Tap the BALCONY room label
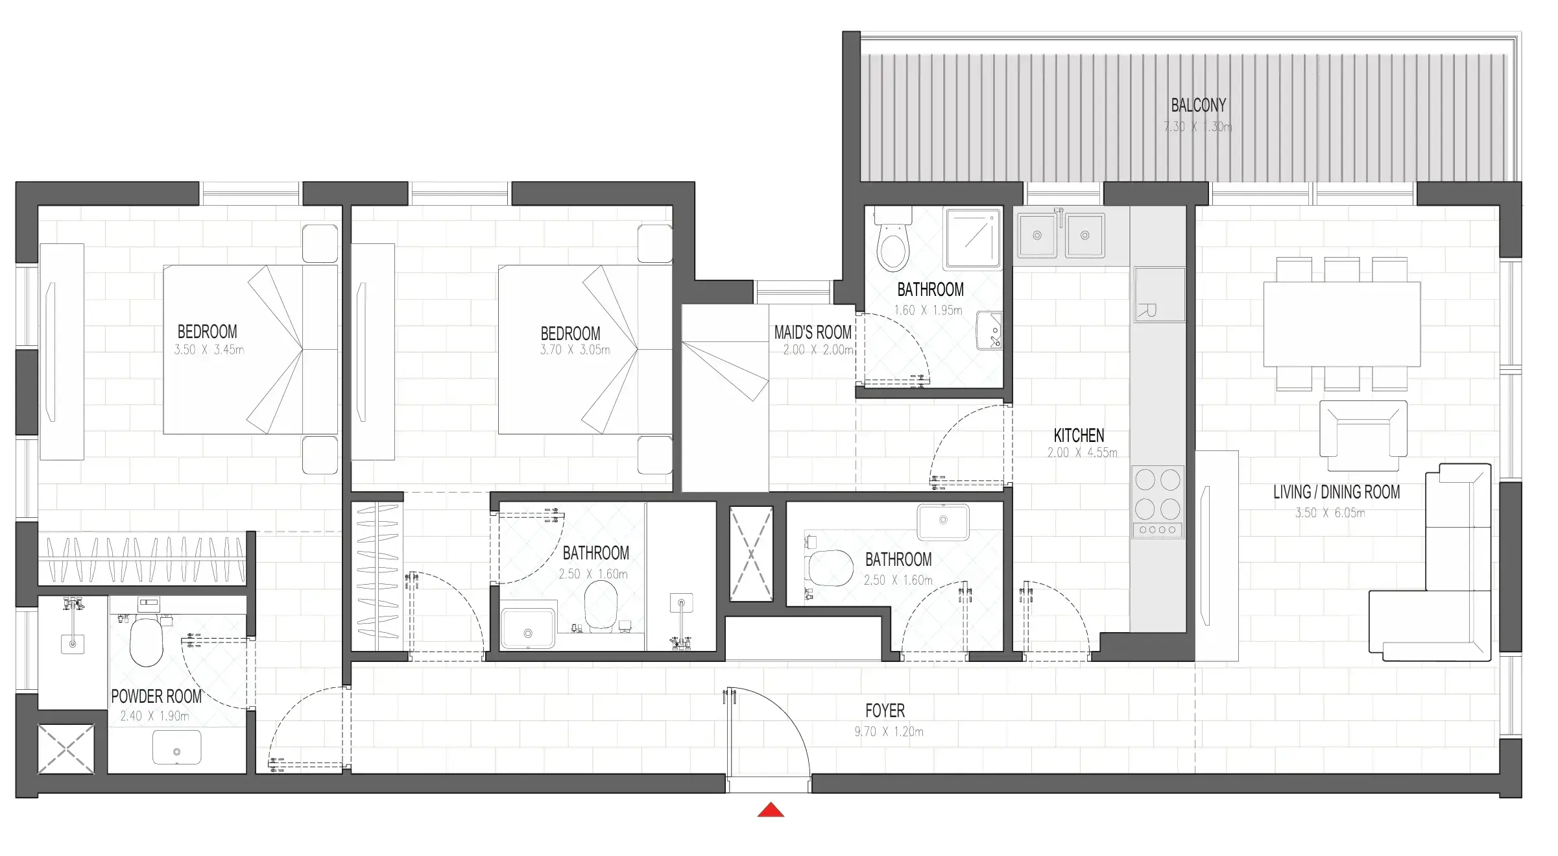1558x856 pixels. (x=1198, y=105)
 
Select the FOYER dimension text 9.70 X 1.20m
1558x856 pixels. (x=889, y=731)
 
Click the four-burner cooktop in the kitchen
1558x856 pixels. (x=1158, y=501)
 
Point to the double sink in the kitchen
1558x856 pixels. (x=1061, y=235)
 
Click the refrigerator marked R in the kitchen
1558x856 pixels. (x=1160, y=295)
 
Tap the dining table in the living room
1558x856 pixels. (x=1341, y=324)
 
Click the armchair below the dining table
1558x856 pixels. (x=1363, y=435)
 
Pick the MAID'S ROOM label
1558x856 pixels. (x=813, y=332)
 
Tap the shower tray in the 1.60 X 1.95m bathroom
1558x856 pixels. (x=972, y=238)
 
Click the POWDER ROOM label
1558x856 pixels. (x=156, y=696)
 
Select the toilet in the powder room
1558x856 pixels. (x=146, y=641)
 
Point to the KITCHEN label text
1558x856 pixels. (x=1079, y=435)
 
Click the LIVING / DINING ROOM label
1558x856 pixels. (x=1336, y=492)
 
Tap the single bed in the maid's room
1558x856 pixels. (x=725, y=398)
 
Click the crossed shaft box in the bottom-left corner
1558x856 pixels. (x=66, y=749)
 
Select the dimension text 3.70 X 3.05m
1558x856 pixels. (x=575, y=350)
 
